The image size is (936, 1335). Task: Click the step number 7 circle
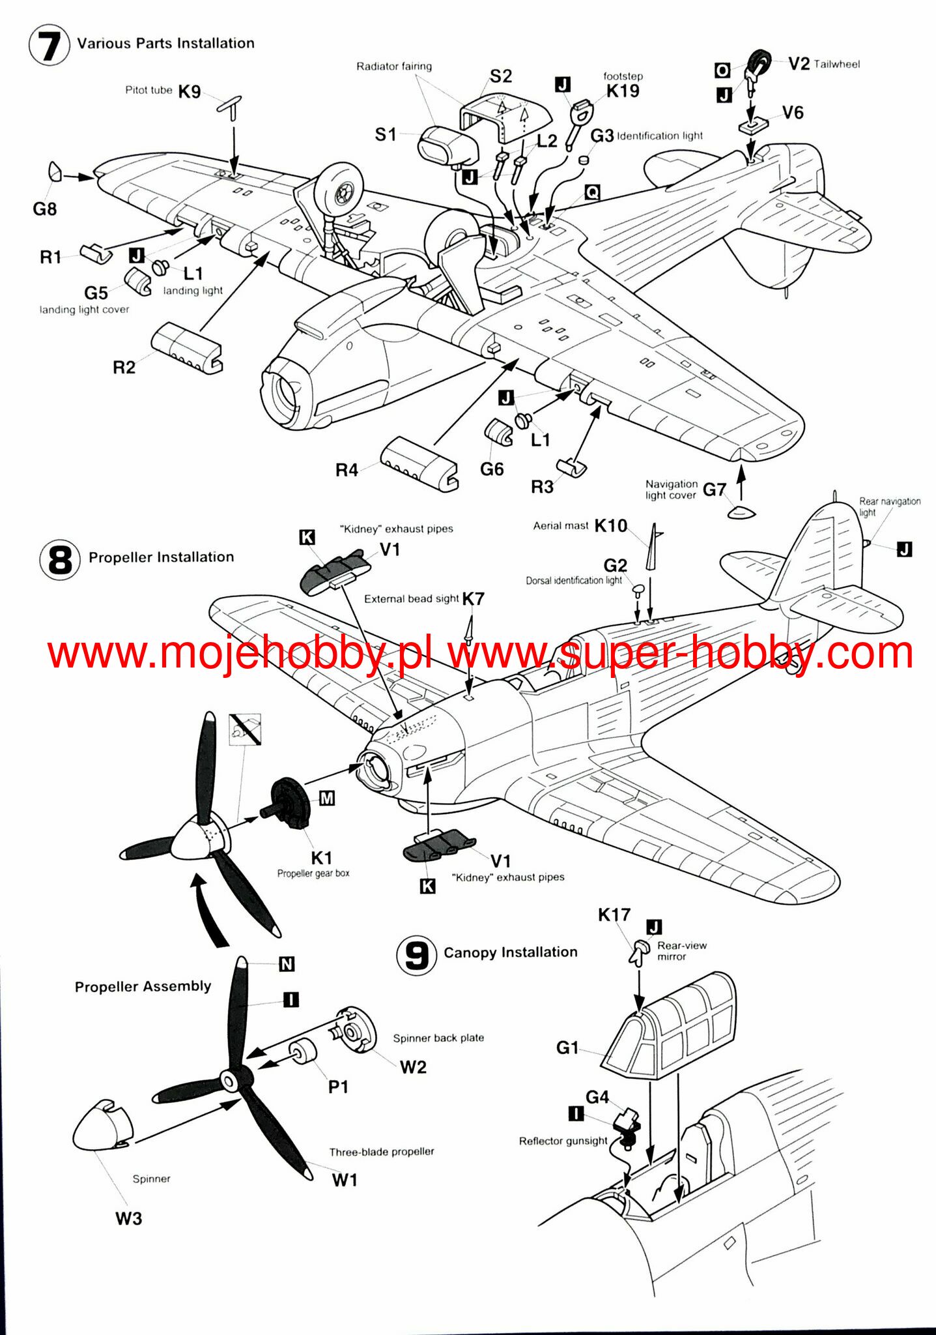pos(49,44)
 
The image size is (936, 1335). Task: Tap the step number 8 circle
pos(60,559)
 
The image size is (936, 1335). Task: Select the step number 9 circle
pos(417,956)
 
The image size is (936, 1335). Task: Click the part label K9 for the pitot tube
pos(189,92)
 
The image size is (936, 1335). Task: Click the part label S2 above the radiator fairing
pos(501,76)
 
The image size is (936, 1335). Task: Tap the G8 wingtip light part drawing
pos(55,171)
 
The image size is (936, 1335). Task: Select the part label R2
pos(124,368)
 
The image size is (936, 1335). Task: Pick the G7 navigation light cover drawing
pos(741,512)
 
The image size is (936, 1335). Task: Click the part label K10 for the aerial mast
pos(610,525)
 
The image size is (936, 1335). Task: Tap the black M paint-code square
pos(327,798)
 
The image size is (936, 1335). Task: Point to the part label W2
pos(413,1067)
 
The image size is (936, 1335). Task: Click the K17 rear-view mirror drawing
pos(639,952)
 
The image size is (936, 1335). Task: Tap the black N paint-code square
pos(287,964)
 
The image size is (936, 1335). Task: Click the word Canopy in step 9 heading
pos(470,952)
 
